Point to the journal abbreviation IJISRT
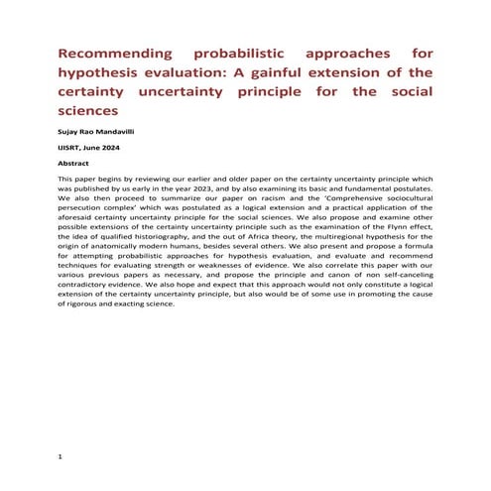tap(73, 148)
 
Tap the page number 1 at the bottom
tap(61, 457)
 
